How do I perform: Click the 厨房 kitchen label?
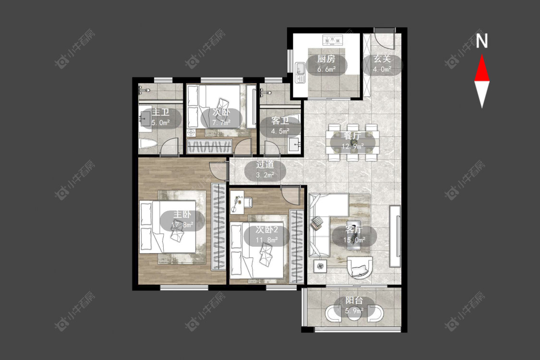pyautogui.click(x=326, y=59)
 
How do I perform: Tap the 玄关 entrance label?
pyautogui.click(x=382, y=59)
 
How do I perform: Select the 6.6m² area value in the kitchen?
pyautogui.click(x=326, y=69)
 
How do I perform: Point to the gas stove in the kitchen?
pyautogui.click(x=333, y=40)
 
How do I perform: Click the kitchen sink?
pyautogui.click(x=300, y=72)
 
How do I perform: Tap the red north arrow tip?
pyautogui.click(x=482, y=55)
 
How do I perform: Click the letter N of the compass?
pyautogui.click(x=482, y=41)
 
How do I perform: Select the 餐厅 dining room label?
pyautogui.click(x=353, y=136)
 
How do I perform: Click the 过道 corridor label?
pyautogui.click(x=265, y=164)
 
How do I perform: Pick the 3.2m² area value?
pyautogui.click(x=265, y=175)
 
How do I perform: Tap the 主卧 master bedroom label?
pyautogui.click(x=182, y=214)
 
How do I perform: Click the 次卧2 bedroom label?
pyautogui.click(x=266, y=229)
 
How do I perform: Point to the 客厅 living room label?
pyautogui.click(x=354, y=229)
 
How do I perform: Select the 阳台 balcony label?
pyautogui.click(x=354, y=300)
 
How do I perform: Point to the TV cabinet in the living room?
pyautogui.click(x=395, y=236)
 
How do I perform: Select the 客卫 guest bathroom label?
pyautogui.click(x=280, y=121)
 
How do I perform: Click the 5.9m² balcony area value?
pyautogui.click(x=354, y=311)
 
